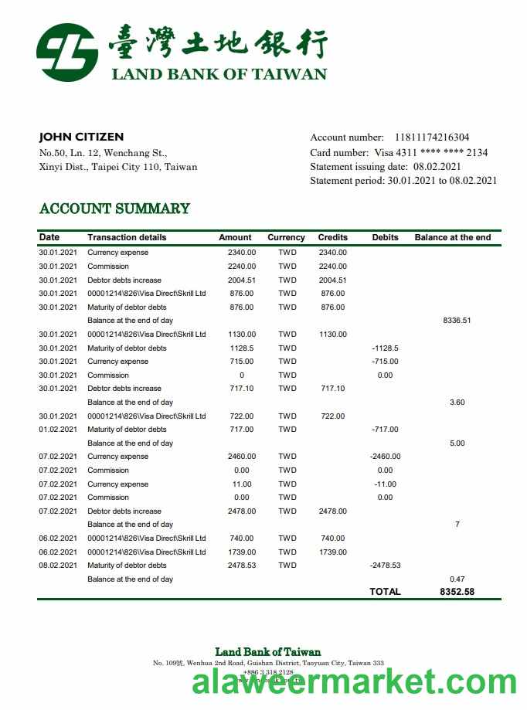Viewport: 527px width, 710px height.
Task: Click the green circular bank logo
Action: [67, 53]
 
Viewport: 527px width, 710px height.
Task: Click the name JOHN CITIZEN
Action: [81, 137]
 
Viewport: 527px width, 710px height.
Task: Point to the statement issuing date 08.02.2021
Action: [437, 166]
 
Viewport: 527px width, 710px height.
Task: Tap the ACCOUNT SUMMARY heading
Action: [114, 209]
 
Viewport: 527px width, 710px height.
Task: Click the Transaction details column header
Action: [127, 237]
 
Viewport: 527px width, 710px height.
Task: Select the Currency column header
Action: [286, 237]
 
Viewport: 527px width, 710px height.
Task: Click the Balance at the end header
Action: [452, 237]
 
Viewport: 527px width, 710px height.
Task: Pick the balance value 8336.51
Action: [457, 321]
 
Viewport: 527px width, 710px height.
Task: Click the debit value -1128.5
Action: [385, 348]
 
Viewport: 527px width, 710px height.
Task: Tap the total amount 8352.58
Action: [457, 592]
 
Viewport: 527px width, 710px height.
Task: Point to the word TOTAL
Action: [385, 592]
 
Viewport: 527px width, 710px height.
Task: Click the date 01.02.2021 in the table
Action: [58, 429]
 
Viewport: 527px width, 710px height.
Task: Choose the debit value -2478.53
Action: [385, 565]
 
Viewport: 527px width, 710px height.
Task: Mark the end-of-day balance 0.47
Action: [457, 579]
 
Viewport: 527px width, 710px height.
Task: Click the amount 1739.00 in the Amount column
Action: [242, 552]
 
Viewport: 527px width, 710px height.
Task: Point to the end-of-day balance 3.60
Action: [457, 402]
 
